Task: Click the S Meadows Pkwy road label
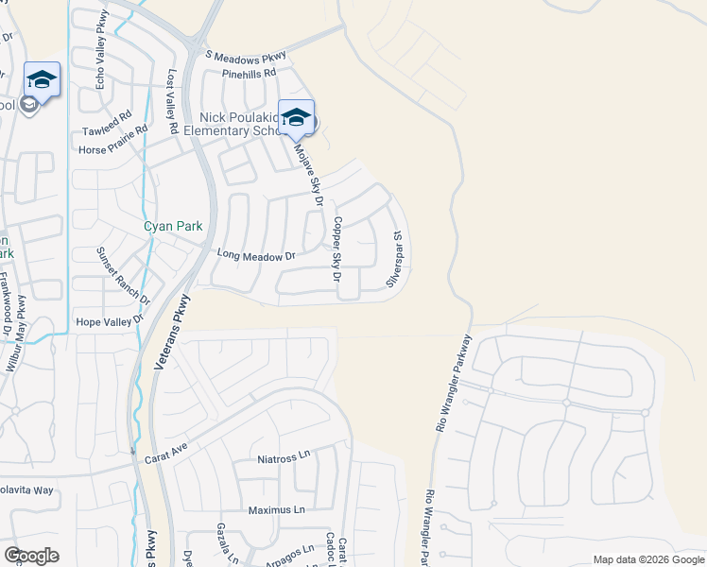point(244,57)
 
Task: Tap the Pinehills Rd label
point(249,73)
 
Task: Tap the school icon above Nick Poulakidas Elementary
point(296,117)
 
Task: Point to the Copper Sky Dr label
point(335,249)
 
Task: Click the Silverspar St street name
point(396,261)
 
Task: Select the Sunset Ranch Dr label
point(123,275)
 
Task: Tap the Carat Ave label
point(166,457)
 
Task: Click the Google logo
point(31,555)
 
